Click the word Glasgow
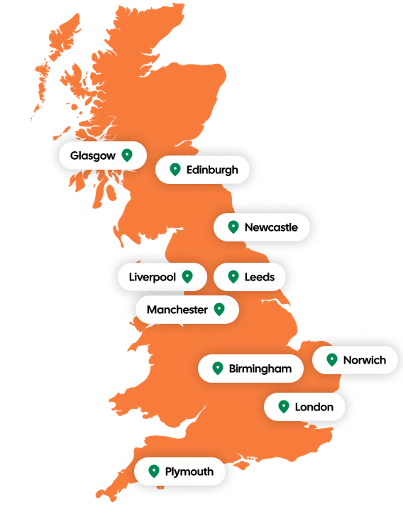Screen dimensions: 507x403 click(x=92, y=156)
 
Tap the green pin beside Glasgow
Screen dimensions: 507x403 click(x=127, y=155)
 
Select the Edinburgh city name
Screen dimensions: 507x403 click(x=212, y=170)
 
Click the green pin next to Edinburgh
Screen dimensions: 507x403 click(x=175, y=170)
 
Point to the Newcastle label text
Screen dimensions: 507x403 click(x=271, y=228)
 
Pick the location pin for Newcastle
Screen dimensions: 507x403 click(x=233, y=227)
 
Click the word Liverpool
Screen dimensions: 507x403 click(x=152, y=277)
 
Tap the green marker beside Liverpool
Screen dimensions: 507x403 click(x=187, y=276)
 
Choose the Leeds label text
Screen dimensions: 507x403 click(x=259, y=277)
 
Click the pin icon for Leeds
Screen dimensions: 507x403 click(x=233, y=276)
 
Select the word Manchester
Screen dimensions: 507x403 click(x=177, y=310)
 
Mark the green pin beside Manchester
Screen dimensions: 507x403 click(x=219, y=309)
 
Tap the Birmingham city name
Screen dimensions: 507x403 click(x=260, y=369)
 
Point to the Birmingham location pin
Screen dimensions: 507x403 click(x=217, y=369)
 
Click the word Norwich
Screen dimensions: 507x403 click(x=365, y=360)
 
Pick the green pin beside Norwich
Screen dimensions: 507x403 click(x=331, y=359)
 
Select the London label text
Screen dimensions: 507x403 click(x=314, y=408)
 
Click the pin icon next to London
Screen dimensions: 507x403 click(x=284, y=407)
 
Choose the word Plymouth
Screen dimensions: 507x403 click(x=189, y=471)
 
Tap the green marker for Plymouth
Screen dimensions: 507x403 click(x=153, y=471)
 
